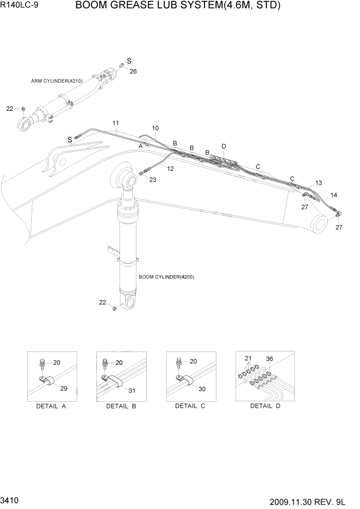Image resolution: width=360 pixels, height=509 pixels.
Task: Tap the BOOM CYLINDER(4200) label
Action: (x=166, y=277)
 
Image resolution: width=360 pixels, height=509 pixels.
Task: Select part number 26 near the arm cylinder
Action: (x=133, y=71)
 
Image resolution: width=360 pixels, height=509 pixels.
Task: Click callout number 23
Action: (x=153, y=180)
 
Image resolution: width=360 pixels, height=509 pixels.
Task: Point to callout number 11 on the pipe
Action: (x=115, y=123)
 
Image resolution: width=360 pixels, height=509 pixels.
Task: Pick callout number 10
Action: (x=155, y=128)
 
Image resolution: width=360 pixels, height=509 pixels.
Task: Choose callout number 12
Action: (x=170, y=169)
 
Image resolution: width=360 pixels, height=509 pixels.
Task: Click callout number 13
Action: (x=318, y=183)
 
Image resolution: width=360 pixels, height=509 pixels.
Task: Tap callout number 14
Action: (x=333, y=195)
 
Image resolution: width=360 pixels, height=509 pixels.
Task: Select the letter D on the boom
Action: (x=224, y=146)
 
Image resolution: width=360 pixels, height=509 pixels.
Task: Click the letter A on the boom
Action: (x=139, y=146)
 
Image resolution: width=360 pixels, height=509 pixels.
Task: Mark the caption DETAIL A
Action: (x=51, y=406)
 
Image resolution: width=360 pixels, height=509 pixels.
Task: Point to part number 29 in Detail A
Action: (x=64, y=388)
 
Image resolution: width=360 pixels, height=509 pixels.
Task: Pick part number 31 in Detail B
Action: (x=132, y=391)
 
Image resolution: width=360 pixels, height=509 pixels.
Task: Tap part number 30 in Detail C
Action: (x=202, y=389)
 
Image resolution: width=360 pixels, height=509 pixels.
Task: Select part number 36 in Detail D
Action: (x=270, y=359)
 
